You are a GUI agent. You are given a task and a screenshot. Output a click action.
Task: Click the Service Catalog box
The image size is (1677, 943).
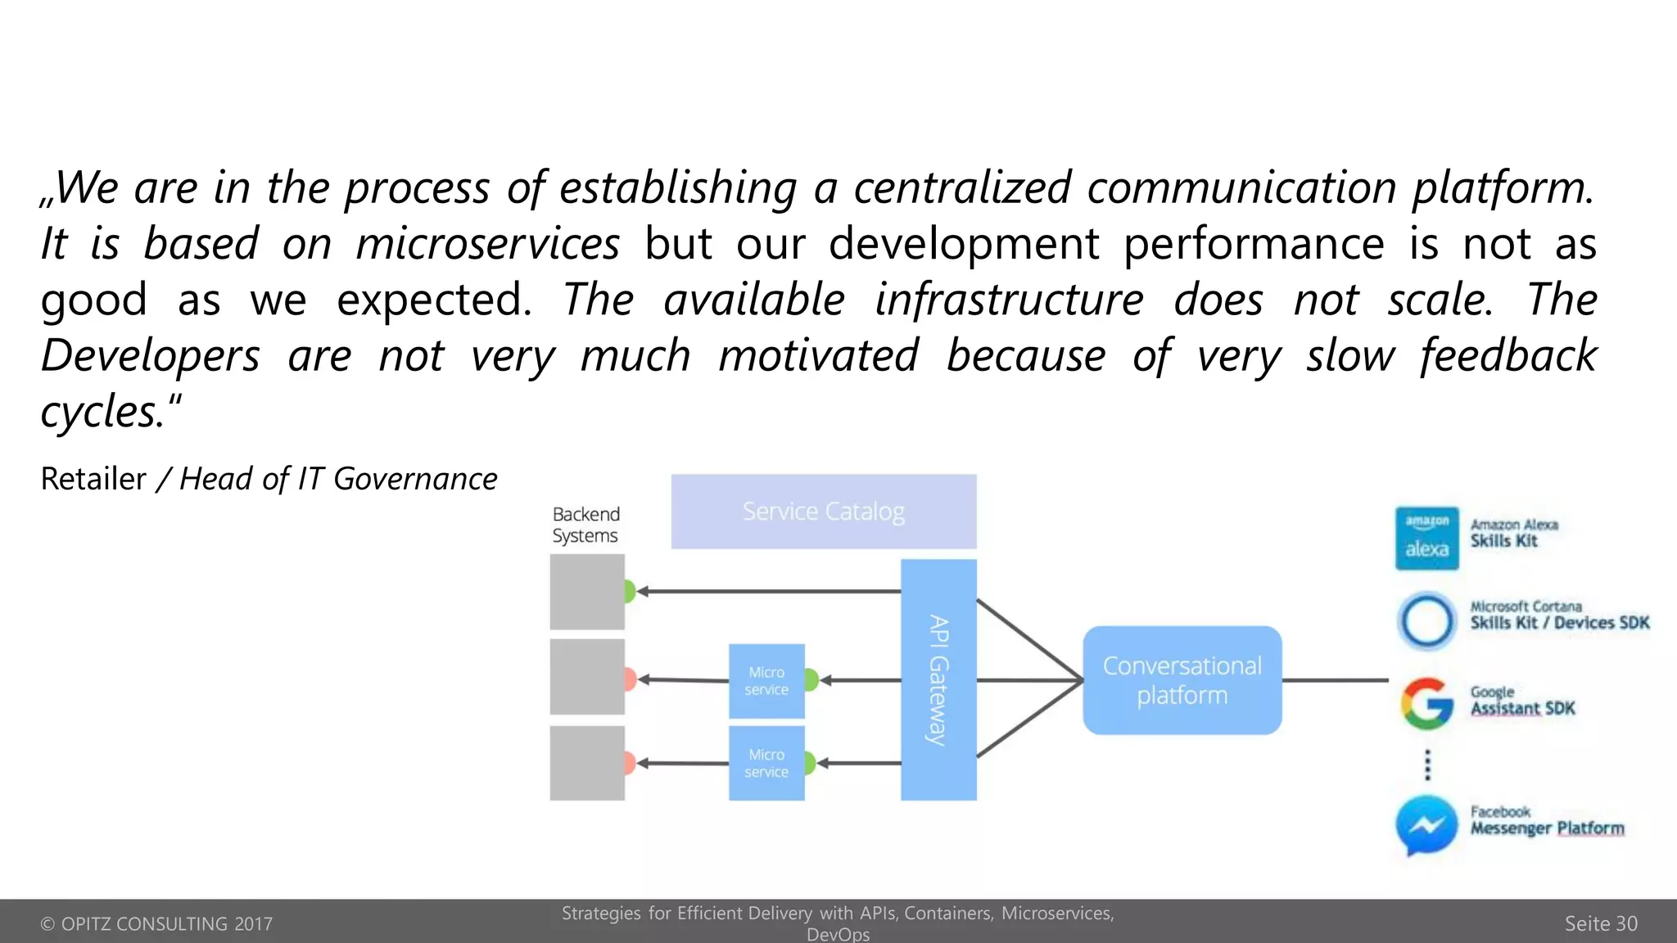click(x=823, y=512)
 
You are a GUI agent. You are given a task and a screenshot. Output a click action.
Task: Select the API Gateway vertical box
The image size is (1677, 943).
click(x=938, y=679)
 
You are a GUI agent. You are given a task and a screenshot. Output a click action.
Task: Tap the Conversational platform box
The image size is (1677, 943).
click(x=1182, y=680)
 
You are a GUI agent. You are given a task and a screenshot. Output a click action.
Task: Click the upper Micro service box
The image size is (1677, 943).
click(x=766, y=681)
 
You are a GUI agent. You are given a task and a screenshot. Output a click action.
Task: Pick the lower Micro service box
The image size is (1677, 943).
click(x=766, y=763)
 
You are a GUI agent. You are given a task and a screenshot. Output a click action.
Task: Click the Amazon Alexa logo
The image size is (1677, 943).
click(x=1426, y=538)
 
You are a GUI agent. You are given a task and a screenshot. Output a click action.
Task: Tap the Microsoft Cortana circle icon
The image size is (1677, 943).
click(x=1426, y=620)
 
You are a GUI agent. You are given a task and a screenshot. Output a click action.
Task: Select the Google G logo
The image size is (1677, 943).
click(x=1426, y=703)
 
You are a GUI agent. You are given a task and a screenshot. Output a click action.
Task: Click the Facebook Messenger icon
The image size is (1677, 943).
click(x=1426, y=825)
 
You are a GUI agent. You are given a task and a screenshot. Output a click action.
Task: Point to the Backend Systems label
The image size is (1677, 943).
click(x=585, y=525)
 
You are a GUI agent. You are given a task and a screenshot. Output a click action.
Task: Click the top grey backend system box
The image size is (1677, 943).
click(x=587, y=592)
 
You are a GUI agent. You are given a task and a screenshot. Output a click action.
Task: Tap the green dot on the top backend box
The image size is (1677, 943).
click(x=630, y=591)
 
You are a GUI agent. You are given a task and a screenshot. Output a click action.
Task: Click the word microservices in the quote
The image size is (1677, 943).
click(x=488, y=244)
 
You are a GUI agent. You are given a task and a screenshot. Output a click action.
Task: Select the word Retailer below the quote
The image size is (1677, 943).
click(x=93, y=479)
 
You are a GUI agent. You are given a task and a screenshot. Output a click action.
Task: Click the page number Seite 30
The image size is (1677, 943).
click(x=1600, y=923)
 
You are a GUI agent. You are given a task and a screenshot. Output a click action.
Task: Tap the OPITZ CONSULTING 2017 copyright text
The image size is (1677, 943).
click(x=156, y=923)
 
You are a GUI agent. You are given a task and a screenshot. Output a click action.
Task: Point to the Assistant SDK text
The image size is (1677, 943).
click(x=1522, y=709)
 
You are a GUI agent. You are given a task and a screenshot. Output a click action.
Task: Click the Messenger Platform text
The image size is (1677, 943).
click(x=1547, y=828)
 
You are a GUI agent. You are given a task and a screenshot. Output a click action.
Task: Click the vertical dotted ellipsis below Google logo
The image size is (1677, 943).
click(x=1427, y=765)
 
